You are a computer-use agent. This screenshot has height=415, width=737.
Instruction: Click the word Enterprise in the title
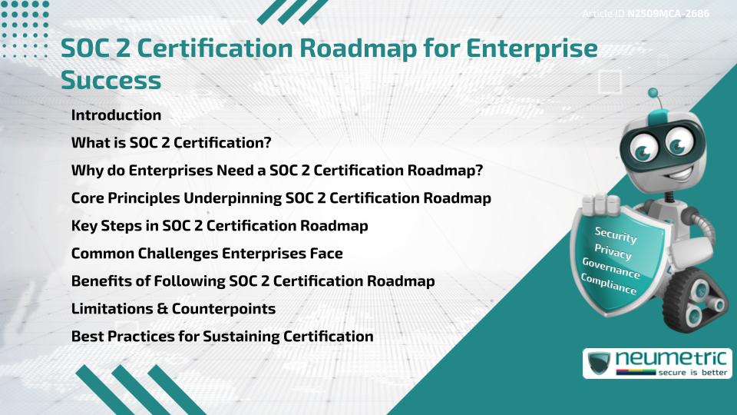[x=534, y=48]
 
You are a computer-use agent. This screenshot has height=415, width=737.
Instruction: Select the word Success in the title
[x=111, y=80]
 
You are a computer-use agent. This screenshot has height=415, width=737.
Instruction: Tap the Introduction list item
[x=116, y=115]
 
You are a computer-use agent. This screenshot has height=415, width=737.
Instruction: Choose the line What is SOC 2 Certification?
[x=171, y=143]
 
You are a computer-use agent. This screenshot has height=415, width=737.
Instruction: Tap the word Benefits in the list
[x=101, y=281]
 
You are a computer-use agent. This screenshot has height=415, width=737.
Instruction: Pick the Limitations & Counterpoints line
[x=173, y=309]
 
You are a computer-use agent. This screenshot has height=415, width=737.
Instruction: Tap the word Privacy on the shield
[x=613, y=251]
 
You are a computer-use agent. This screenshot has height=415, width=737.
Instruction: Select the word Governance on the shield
[x=610, y=268]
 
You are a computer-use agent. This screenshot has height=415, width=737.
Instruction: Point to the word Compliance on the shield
[x=608, y=284]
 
